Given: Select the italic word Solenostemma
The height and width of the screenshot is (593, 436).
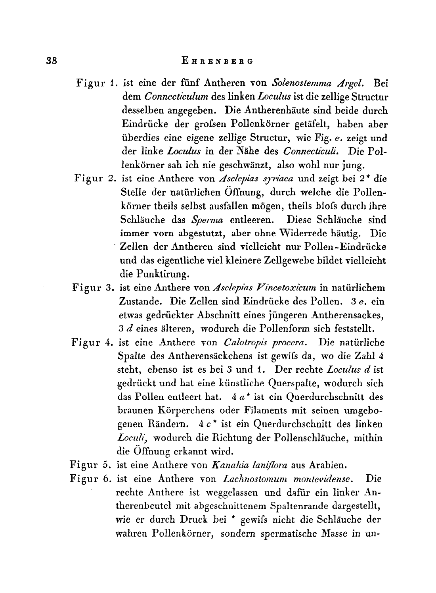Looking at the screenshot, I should [300, 84].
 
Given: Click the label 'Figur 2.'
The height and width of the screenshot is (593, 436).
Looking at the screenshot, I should [94, 178].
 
